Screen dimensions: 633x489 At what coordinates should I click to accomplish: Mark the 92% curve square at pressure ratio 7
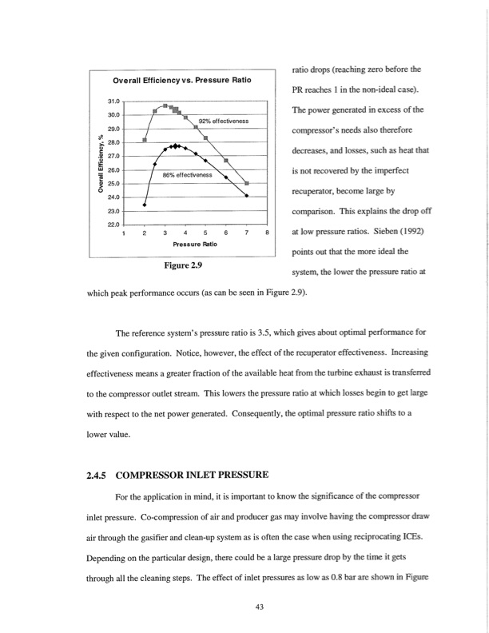pos(246,183)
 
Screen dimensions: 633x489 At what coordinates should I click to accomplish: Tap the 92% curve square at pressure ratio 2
pos(145,139)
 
